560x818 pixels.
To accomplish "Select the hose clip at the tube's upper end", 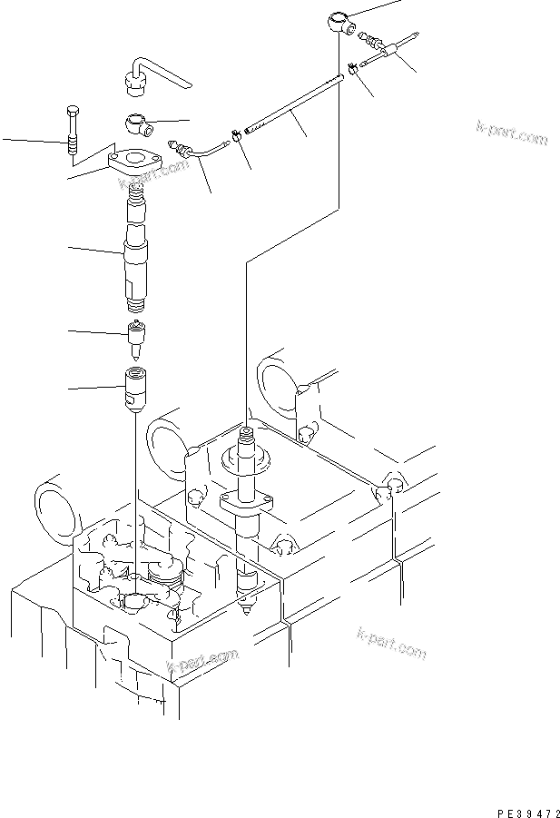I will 349,64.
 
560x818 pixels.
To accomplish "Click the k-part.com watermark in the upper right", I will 512,133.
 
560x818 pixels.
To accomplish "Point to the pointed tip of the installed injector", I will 247,606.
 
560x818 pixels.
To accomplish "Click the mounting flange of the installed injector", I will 244,500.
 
